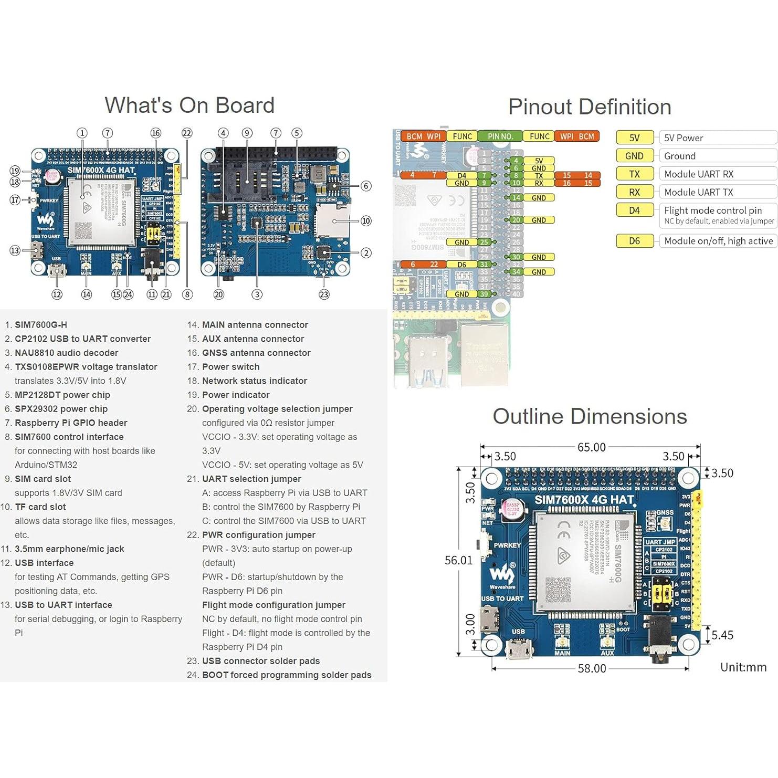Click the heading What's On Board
pyautogui.click(x=190, y=106)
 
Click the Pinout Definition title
pyautogui.click(x=590, y=107)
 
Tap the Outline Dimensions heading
pyautogui.click(x=590, y=416)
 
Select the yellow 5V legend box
pyautogui.click(x=634, y=138)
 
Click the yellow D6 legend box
pyautogui.click(x=634, y=241)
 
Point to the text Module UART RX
pyautogui.click(x=698, y=174)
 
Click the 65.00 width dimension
pyautogui.click(x=591, y=447)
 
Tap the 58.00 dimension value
pyautogui.click(x=592, y=668)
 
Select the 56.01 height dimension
pyautogui.click(x=458, y=560)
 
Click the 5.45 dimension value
pyautogui.click(x=722, y=635)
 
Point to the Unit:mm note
pyautogui.click(x=743, y=667)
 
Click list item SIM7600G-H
pyautogui.click(x=41, y=325)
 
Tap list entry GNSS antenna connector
pyautogui.click(x=256, y=353)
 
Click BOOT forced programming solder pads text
pyautogui.click(x=287, y=675)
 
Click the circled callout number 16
pyautogui.click(x=155, y=133)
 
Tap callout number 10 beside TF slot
pyautogui.click(x=366, y=221)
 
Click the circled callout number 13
pyautogui.click(x=15, y=251)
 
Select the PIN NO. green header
pyautogui.click(x=500, y=136)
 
